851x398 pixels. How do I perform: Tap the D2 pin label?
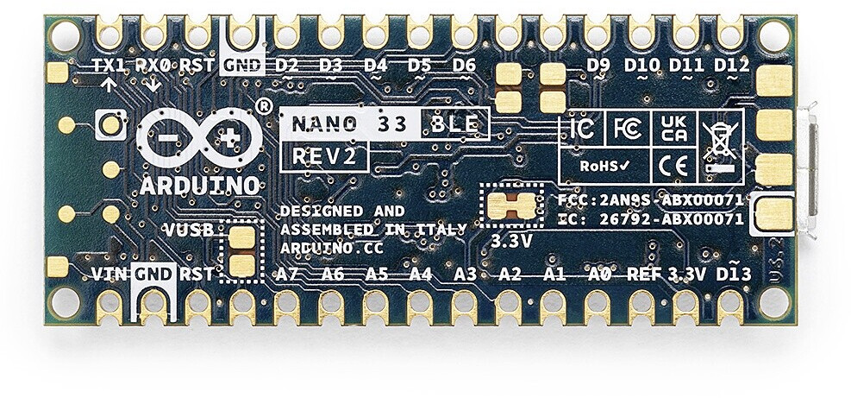click(286, 66)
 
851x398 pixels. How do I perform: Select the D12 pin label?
click(731, 66)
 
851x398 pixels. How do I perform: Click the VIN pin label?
click(110, 275)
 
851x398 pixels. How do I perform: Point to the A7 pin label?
click(287, 275)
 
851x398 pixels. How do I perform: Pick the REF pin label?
click(643, 275)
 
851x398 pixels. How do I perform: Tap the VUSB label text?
click(191, 231)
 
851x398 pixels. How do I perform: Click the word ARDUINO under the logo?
click(199, 185)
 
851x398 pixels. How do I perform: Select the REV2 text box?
click(325, 156)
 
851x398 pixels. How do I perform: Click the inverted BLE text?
click(454, 123)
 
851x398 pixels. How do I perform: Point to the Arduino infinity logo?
click(199, 139)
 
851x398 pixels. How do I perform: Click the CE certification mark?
click(673, 164)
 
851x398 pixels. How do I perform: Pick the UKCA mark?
click(673, 130)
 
